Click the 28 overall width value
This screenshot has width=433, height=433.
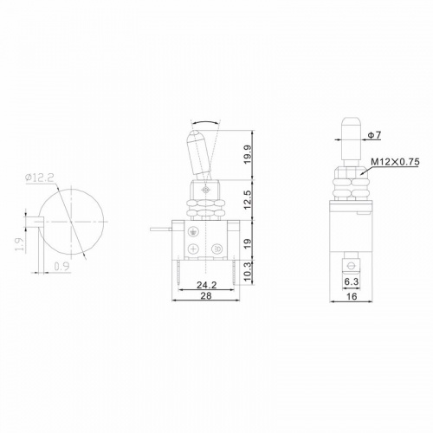[206, 296]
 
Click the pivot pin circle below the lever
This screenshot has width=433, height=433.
[205, 187]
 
